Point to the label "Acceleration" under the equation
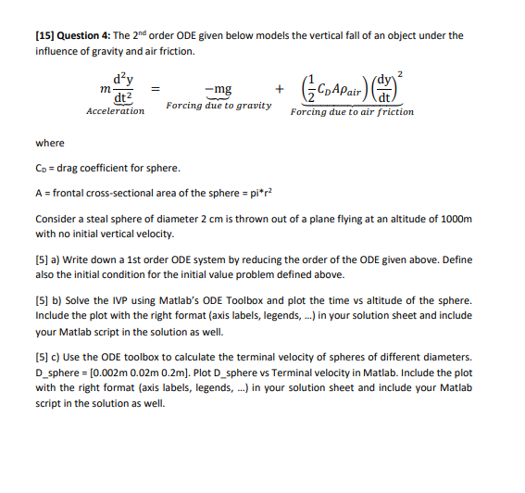point(115,111)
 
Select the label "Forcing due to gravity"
point(219,105)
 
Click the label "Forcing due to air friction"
point(352,111)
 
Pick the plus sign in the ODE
point(279,90)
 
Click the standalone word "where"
point(49,143)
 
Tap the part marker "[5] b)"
point(51,302)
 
